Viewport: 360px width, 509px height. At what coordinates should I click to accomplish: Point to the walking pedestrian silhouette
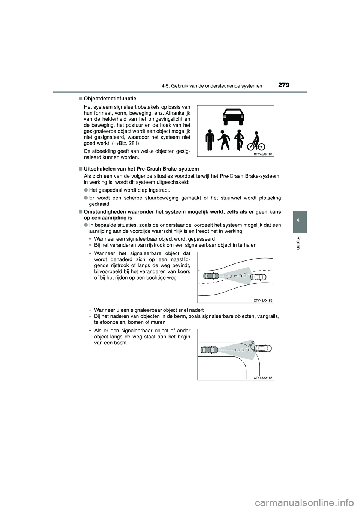click(x=224, y=140)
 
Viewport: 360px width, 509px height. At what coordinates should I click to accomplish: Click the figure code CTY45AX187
click(x=262, y=154)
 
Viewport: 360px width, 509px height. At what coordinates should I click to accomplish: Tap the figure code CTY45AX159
click(x=262, y=300)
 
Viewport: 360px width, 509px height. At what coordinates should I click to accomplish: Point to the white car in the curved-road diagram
click(x=258, y=277)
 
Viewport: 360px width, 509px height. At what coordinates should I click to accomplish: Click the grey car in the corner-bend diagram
click(x=209, y=350)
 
